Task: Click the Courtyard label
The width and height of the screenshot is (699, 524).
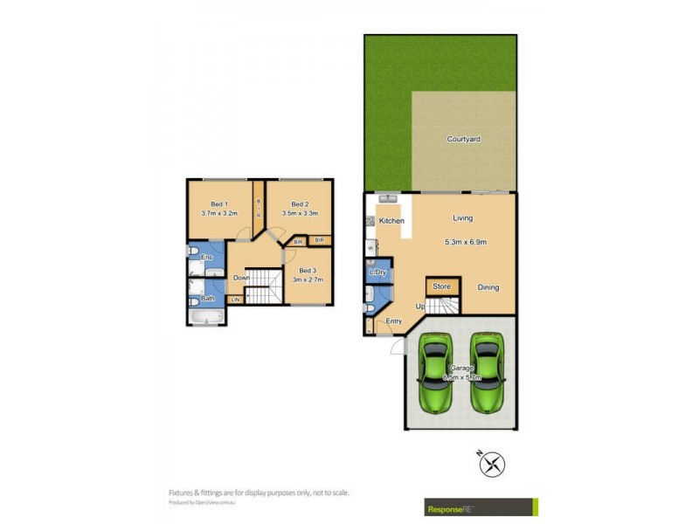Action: [x=463, y=139]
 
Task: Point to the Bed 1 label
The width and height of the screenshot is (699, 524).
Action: [x=218, y=204]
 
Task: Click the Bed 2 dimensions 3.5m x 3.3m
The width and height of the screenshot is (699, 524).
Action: [x=300, y=213]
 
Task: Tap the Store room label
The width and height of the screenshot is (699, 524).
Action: [x=441, y=286]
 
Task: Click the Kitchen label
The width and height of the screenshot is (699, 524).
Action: [x=391, y=221]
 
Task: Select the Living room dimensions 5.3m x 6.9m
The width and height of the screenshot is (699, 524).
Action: [x=465, y=243]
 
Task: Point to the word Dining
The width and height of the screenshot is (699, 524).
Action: [x=488, y=287]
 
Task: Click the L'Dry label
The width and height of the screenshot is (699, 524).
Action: [x=378, y=273]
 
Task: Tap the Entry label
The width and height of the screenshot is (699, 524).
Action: [x=393, y=321]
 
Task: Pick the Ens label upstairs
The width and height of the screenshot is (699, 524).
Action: [x=207, y=258]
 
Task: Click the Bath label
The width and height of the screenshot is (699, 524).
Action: [x=208, y=299]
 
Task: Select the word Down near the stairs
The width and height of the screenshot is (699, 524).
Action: [x=242, y=278]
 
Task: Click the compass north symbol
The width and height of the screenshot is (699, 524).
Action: [x=493, y=464]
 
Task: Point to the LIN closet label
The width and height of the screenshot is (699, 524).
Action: [x=235, y=300]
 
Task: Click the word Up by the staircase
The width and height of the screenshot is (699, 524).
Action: [x=419, y=307]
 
